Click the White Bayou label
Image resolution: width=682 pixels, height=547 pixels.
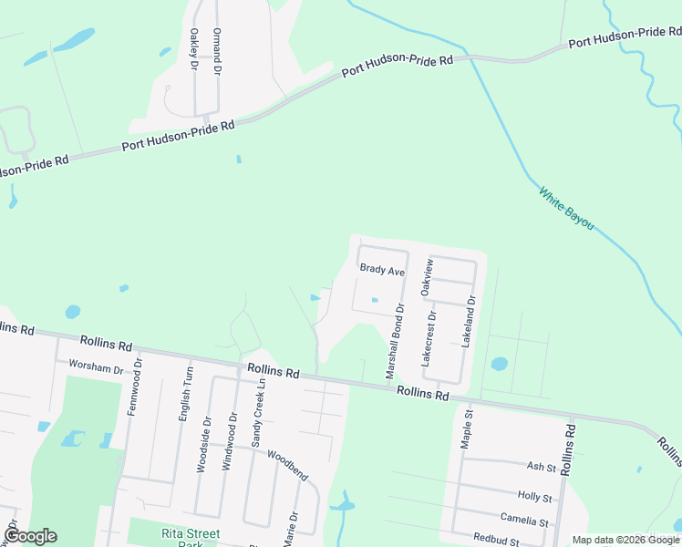(x=566, y=208)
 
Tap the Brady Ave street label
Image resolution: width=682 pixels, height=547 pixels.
(x=382, y=270)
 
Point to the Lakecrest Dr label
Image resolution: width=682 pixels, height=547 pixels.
(x=428, y=338)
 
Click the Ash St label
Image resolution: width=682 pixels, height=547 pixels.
(x=542, y=467)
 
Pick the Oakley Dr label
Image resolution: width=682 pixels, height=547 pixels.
(x=193, y=48)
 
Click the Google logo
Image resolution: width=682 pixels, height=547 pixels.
(x=30, y=536)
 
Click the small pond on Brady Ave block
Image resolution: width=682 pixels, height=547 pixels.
(x=374, y=300)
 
